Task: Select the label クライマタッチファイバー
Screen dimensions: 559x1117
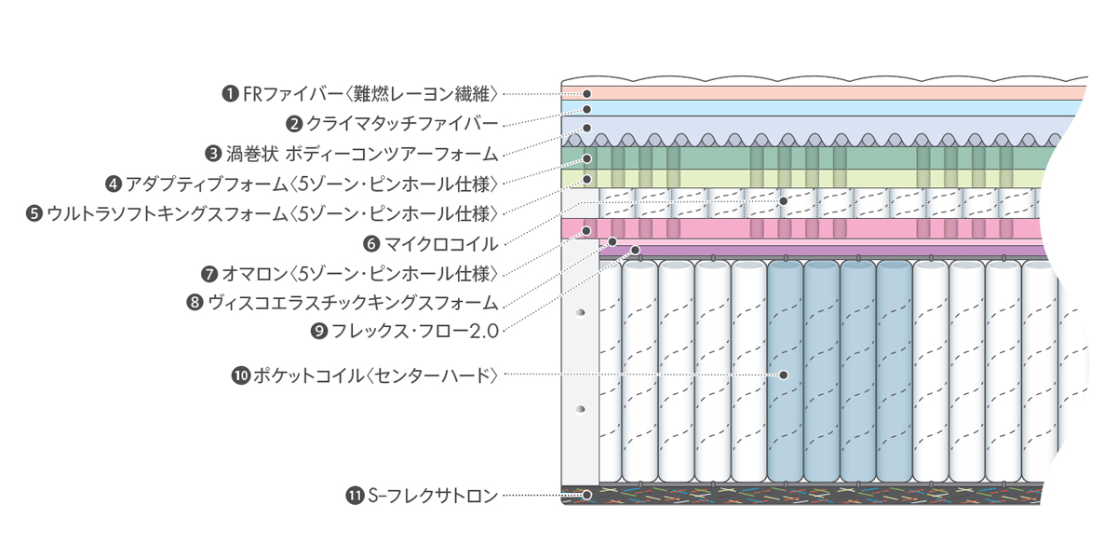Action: coord(403,122)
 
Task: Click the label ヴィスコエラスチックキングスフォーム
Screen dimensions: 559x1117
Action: coord(353,302)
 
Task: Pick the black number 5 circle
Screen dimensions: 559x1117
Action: coord(34,213)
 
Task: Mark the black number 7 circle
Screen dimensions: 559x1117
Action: coord(209,273)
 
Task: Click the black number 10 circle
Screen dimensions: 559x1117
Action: coord(240,375)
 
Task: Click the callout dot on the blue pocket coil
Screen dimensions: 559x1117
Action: coord(783,375)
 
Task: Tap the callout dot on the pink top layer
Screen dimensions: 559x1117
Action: coord(587,93)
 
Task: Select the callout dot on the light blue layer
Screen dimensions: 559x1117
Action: coord(587,109)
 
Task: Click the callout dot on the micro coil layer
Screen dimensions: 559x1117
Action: coord(783,200)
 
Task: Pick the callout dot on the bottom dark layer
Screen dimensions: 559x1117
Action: coord(587,495)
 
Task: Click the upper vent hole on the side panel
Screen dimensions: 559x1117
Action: coord(581,312)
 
